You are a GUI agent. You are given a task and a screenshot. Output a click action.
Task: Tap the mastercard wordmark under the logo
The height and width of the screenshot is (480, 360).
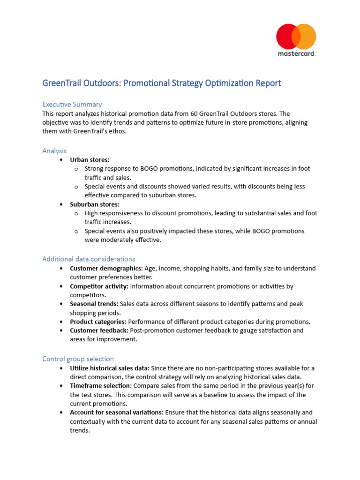pos(296,54)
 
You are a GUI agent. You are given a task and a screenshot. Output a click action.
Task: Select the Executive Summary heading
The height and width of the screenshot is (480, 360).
pos(72,104)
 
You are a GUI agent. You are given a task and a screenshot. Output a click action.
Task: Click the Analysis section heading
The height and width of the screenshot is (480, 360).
pos(54,151)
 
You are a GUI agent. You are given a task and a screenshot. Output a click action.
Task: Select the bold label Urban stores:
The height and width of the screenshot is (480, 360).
pos(90,160)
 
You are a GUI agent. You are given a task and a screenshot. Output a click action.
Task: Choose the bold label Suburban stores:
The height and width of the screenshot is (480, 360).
pos(95,204)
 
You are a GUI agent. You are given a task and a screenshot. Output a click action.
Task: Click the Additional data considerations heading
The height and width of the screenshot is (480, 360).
pos(89,259)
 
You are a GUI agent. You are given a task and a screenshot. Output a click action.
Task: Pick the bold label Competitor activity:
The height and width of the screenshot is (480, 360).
pos(99,286)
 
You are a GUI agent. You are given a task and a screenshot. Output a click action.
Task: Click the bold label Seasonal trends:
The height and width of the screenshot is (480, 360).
pos(94,304)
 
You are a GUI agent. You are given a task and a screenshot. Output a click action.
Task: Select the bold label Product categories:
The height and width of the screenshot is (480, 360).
pos(98,322)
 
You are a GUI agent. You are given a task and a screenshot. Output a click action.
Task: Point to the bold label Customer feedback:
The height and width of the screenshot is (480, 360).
pos(99,330)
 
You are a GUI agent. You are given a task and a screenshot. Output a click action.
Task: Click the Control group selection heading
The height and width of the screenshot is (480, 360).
pos(78,359)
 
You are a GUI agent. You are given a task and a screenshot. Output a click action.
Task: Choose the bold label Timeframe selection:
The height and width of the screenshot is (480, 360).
pos(101,386)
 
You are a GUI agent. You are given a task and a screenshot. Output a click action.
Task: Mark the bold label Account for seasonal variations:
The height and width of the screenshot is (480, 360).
pos(117,412)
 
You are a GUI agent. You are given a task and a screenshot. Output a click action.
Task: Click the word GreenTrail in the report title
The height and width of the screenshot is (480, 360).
pos(64,83)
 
